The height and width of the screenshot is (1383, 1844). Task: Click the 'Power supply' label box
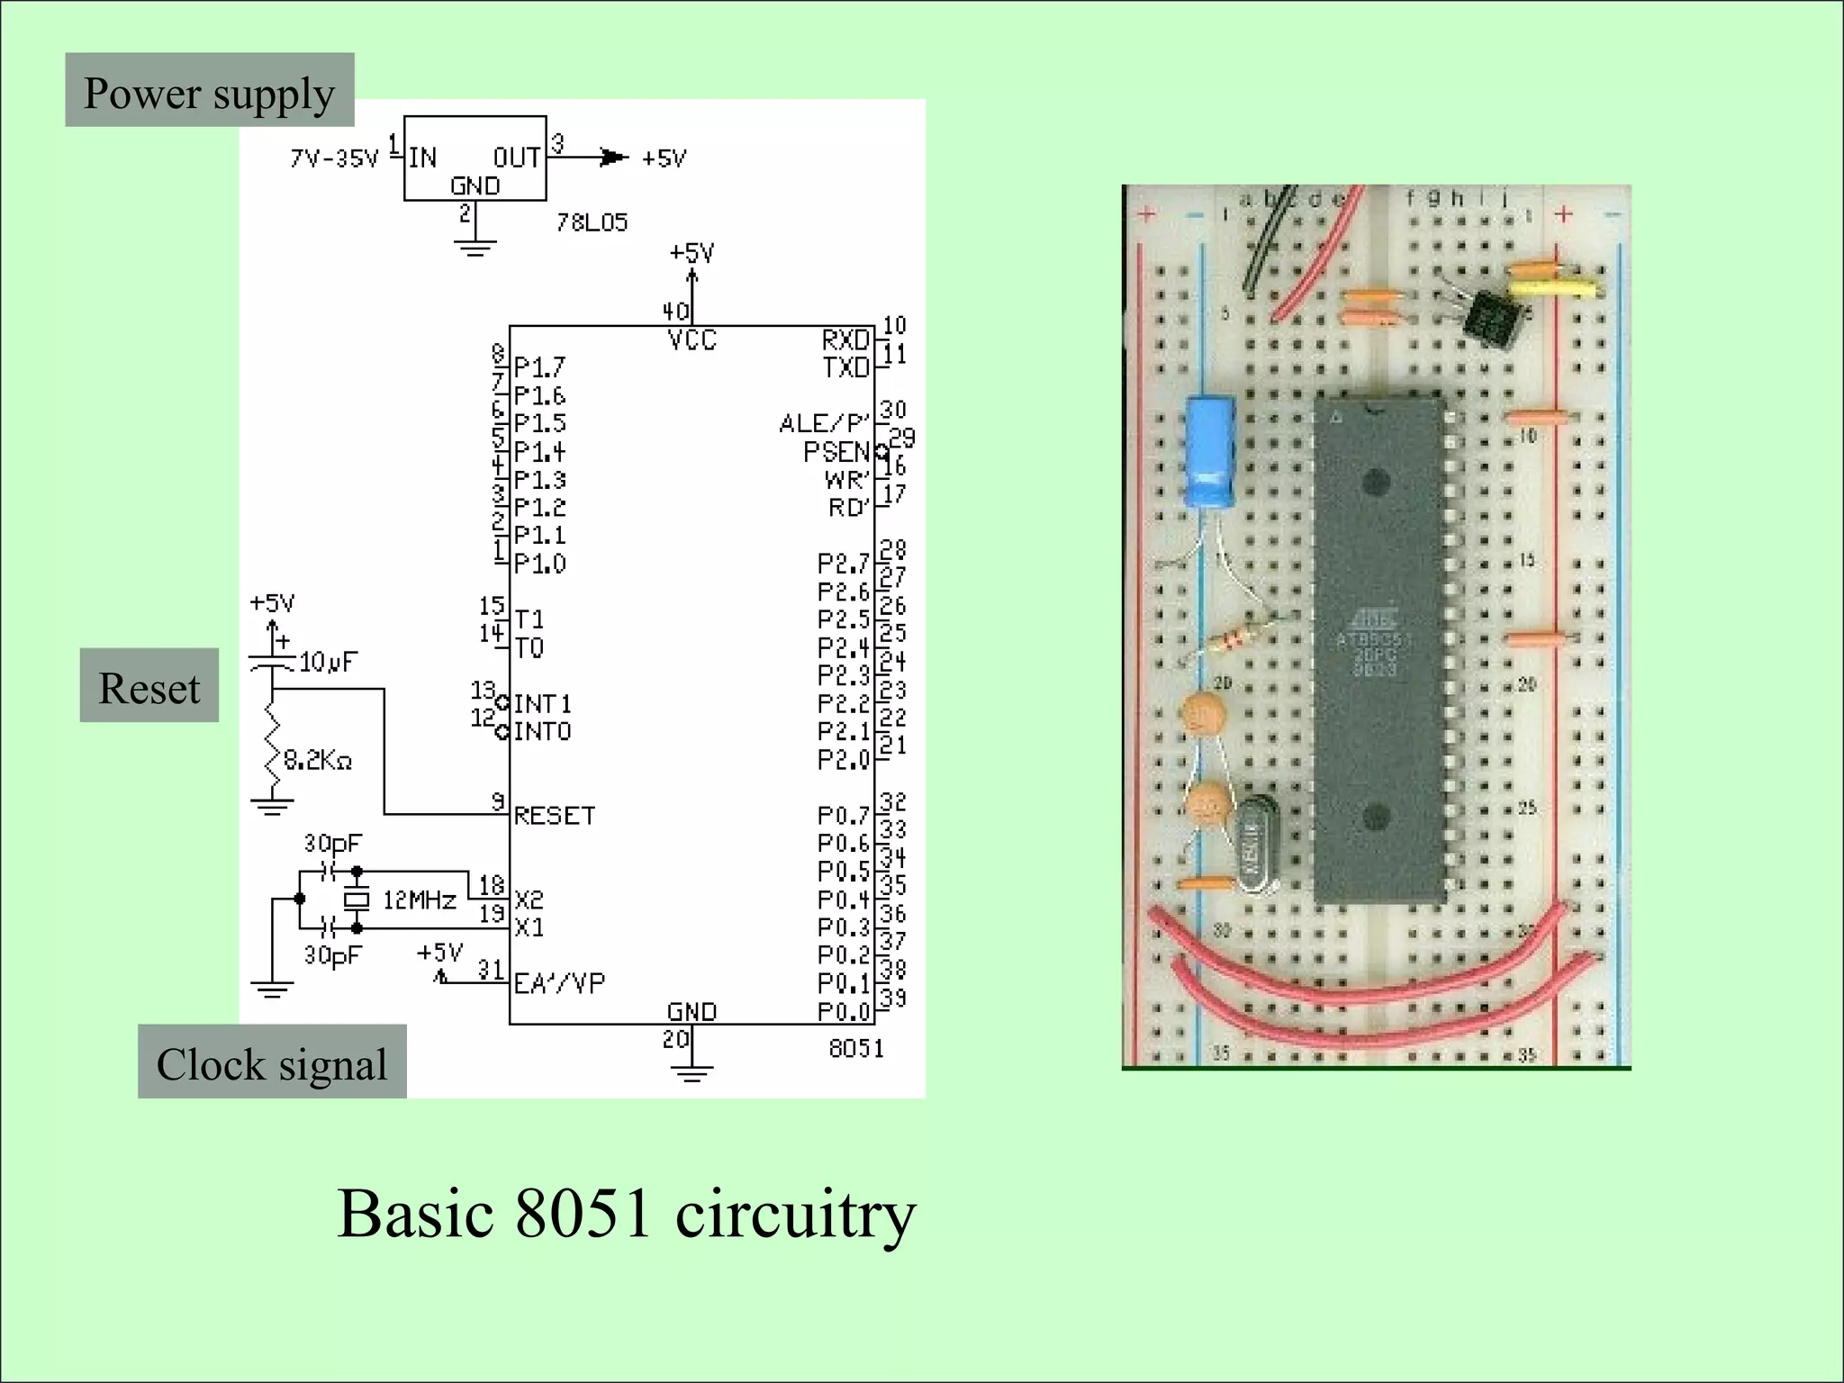209,90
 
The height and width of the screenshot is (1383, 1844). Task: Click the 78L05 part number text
592,222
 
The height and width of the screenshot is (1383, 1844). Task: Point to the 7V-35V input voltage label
334,159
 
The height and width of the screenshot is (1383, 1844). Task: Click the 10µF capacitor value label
328,663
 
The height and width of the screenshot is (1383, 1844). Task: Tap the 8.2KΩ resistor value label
317,761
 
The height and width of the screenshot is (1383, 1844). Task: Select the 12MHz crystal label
419,899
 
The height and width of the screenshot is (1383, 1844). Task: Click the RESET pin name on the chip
555,816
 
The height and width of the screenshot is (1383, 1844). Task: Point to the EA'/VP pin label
559,983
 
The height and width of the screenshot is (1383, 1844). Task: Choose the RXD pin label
845,339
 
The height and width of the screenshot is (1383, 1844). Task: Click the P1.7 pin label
539,367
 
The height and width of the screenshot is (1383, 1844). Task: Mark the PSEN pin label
836,451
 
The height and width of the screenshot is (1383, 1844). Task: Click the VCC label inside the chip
691,340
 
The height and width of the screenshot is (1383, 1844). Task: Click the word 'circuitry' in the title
795,1215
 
